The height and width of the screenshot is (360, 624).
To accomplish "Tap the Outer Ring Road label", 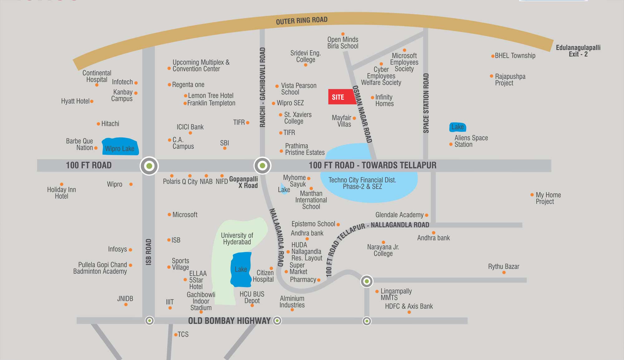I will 301,21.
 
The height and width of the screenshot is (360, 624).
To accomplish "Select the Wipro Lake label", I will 119,149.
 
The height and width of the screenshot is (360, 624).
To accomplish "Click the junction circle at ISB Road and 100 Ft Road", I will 149,166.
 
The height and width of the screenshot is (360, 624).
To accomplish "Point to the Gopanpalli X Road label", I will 244,182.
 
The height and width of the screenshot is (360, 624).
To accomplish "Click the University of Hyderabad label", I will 237,239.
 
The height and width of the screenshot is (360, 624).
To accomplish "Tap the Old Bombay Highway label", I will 229,321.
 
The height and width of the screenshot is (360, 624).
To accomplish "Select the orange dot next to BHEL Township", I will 493,56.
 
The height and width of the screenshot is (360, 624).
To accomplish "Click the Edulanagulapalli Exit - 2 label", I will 578,51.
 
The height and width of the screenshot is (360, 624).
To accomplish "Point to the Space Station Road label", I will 426,103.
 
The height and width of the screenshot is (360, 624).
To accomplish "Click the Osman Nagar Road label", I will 362,114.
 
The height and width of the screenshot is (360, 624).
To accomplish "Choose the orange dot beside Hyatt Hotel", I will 92,101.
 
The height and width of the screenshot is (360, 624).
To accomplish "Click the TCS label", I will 183,334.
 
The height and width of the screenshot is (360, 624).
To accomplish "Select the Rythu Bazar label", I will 504,267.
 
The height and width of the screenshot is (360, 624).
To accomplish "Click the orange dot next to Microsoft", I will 169,215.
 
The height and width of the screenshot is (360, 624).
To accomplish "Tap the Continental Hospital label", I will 97,76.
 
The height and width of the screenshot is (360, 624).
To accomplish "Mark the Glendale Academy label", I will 399,215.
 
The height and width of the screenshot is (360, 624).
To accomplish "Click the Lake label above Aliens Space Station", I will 457,127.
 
